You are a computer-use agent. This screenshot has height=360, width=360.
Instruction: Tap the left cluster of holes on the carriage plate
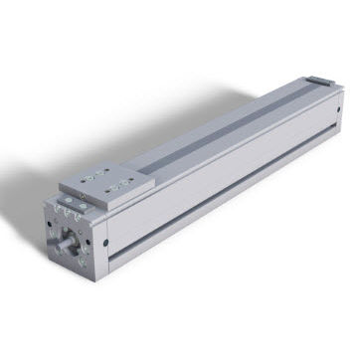pos(89,180)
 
